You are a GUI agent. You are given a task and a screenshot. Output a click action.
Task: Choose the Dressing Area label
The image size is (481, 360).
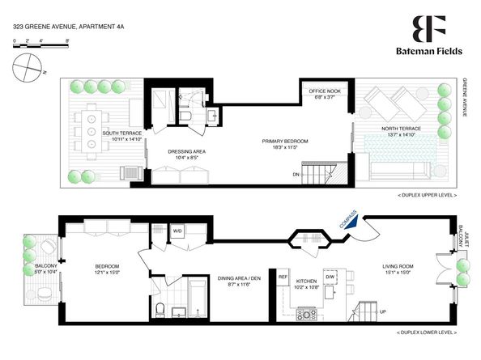click(x=188, y=151)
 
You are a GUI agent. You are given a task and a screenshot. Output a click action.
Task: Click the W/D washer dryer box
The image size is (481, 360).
click(x=177, y=231)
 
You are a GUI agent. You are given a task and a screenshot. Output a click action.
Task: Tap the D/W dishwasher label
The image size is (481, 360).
click(x=330, y=277)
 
